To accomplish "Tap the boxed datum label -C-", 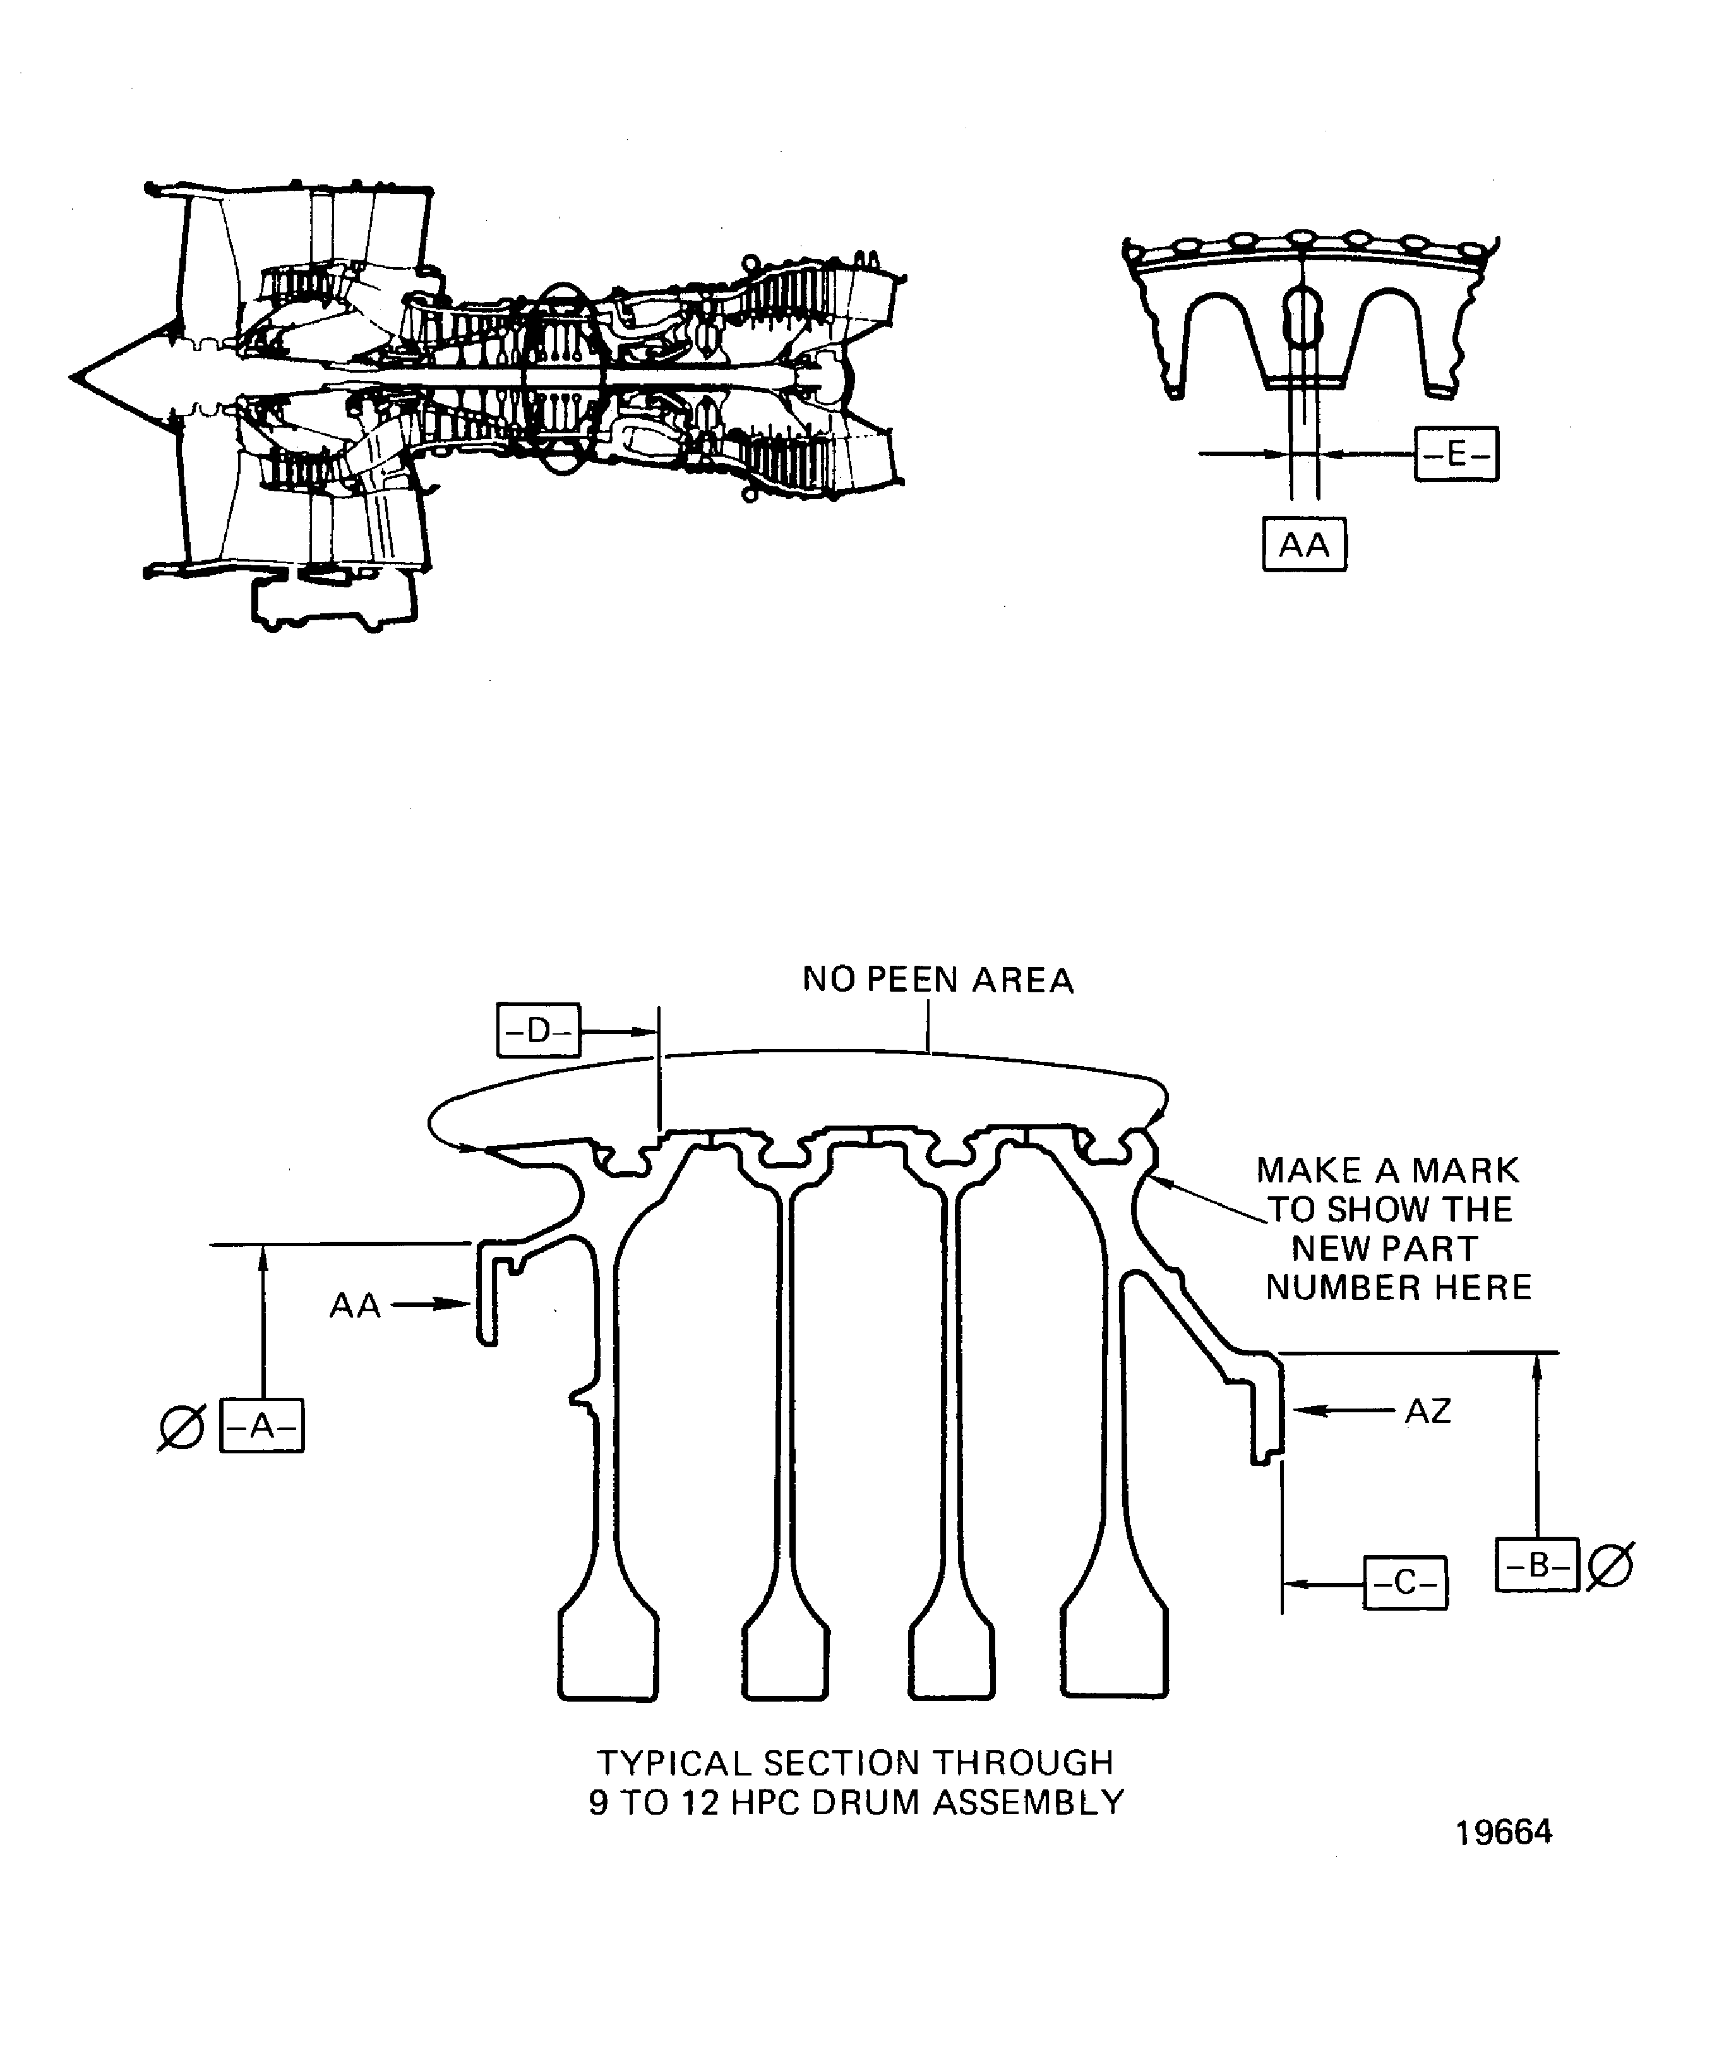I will [1405, 1583].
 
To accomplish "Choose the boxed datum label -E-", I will [1456, 454].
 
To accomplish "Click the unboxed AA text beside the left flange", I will [354, 1306].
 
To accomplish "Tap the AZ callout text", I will [1428, 1411].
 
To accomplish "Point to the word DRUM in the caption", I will [871, 1803].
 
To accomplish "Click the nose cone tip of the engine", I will [75, 376].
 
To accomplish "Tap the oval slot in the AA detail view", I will [1303, 314].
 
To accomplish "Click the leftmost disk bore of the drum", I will [608, 1657].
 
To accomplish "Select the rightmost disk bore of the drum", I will [1115, 1657].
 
